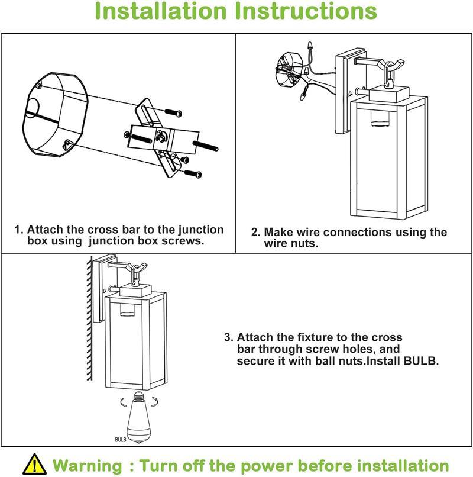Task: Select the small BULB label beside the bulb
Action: click(122, 439)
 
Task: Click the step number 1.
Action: click(18, 230)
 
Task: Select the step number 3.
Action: click(228, 337)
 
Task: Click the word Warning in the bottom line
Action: click(89, 465)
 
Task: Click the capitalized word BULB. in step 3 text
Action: click(420, 360)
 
